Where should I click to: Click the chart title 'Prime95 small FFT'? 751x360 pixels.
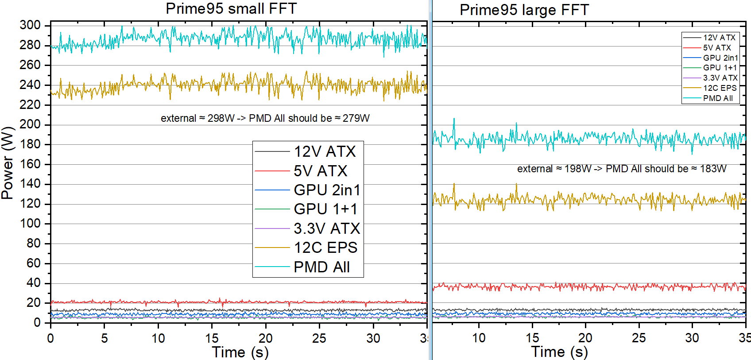[231, 8]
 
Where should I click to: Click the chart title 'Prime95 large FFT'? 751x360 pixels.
[524, 10]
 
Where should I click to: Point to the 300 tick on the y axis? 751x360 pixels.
[30, 25]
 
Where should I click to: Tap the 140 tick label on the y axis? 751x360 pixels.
[30, 184]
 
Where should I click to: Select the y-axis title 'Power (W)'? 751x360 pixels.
[8, 163]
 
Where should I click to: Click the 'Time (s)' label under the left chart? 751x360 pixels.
[240, 352]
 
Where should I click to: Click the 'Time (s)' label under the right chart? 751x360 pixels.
[559, 352]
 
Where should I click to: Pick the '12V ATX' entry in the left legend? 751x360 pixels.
[325, 152]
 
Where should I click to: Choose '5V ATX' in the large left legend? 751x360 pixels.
[321, 171]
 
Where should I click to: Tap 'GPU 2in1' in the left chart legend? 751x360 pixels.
[327, 190]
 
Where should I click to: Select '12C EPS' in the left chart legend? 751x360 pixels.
[325, 248]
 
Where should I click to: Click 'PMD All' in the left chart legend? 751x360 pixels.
[321, 267]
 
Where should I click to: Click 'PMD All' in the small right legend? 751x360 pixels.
[718, 98]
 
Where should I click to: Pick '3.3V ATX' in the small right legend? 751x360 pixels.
[720, 78]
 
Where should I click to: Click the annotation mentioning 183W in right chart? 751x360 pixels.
[622, 169]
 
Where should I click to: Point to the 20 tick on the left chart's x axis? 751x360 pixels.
[266, 338]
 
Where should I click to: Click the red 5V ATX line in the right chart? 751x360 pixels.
[576, 287]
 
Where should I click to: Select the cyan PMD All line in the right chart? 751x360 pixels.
[576, 138]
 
